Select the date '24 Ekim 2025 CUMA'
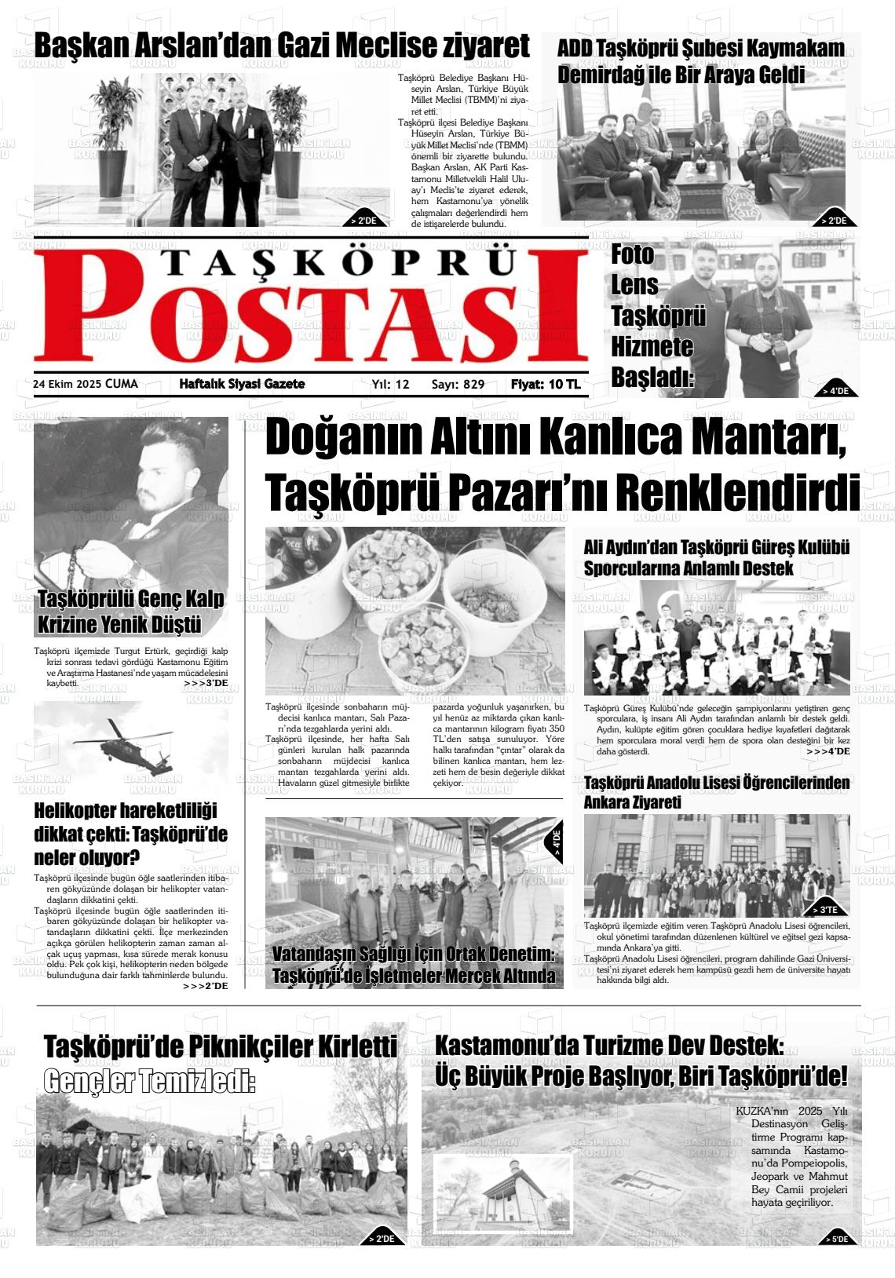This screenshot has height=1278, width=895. (85, 384)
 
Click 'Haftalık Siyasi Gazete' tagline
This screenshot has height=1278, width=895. (242, 384)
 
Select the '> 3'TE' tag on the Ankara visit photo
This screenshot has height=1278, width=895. (827, 909)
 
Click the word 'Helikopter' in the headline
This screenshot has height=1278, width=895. (86, 811)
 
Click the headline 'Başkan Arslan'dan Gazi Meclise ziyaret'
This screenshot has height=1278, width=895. (282, 46)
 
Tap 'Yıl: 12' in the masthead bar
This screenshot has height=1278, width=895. (390, 385)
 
